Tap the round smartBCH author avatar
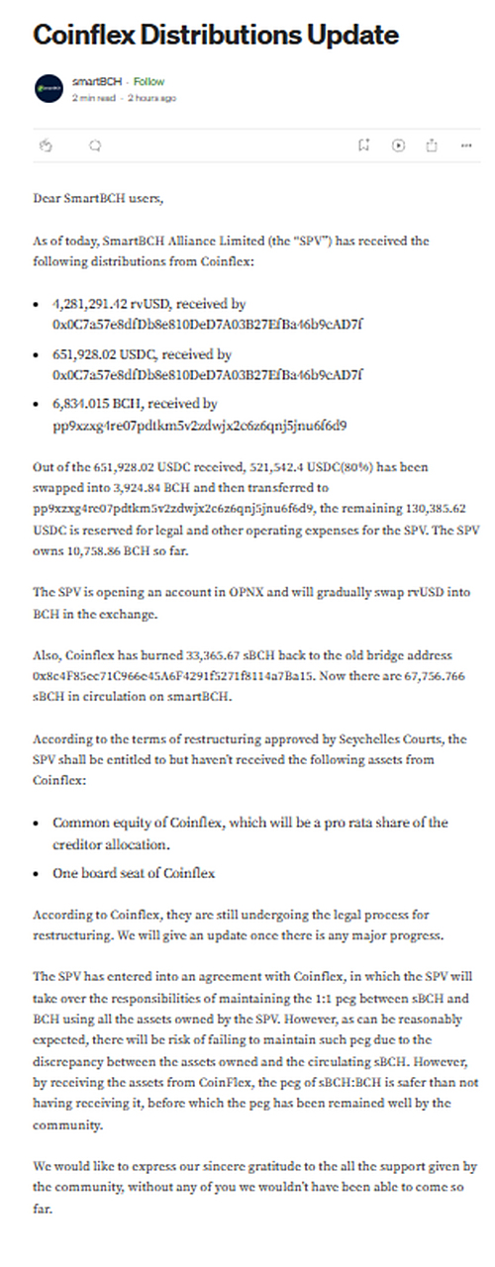pos(49,88)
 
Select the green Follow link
pos(148,81)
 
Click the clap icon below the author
pos(46,145)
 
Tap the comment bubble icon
pos(95,145)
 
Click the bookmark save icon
pos(364,145)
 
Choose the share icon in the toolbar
pos(432,145)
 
